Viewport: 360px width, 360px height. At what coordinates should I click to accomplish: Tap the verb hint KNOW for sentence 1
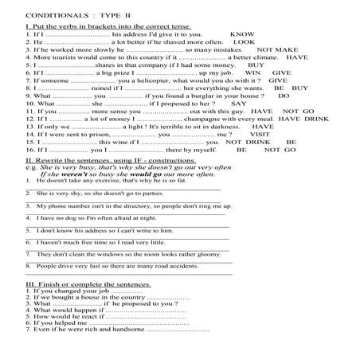click(x=241, y=34)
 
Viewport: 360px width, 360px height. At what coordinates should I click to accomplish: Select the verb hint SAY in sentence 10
click(x=237, y=102)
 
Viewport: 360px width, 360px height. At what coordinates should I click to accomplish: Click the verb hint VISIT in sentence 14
click(x=263, y=134)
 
